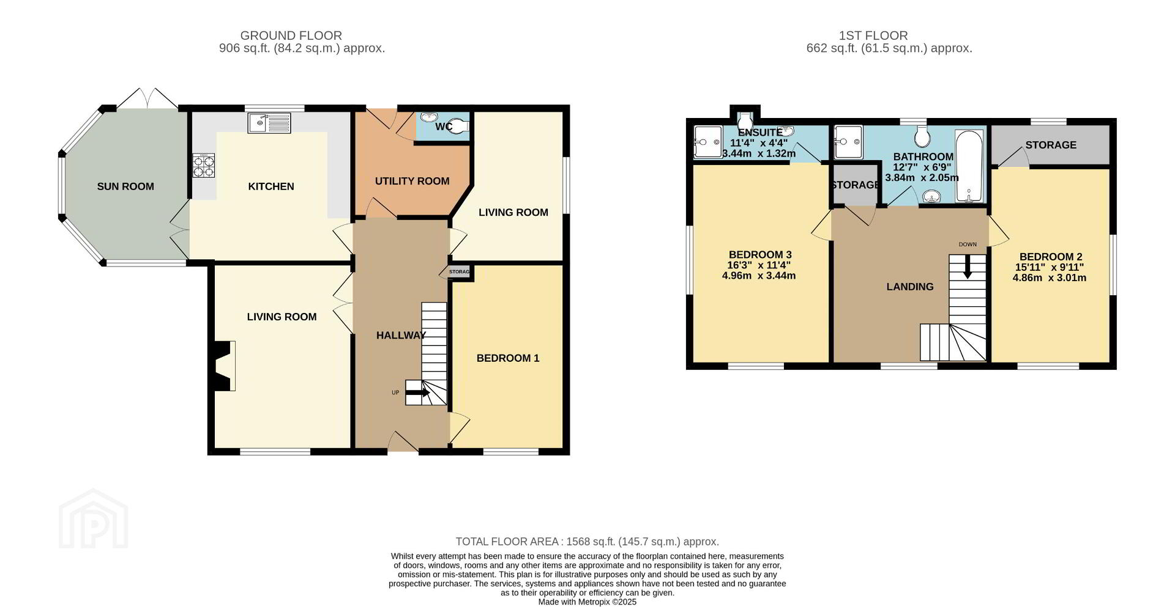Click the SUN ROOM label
(125, 186)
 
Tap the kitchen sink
(269, 123)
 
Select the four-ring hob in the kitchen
(204, 166)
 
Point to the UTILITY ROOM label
(412, 181)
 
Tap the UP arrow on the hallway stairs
(417, 392)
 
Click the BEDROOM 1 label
(508, 358)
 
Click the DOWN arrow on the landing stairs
(968, 267)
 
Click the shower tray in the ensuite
(707, 142)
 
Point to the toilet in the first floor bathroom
(922, 134)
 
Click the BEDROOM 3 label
(760, 254)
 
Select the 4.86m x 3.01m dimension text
(1050, 278)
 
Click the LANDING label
(910, 287)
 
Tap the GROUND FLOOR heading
(291, 35)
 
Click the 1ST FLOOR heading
(873, 35)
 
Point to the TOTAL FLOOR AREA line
(587, 542)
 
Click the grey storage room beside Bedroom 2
(1050, 145)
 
